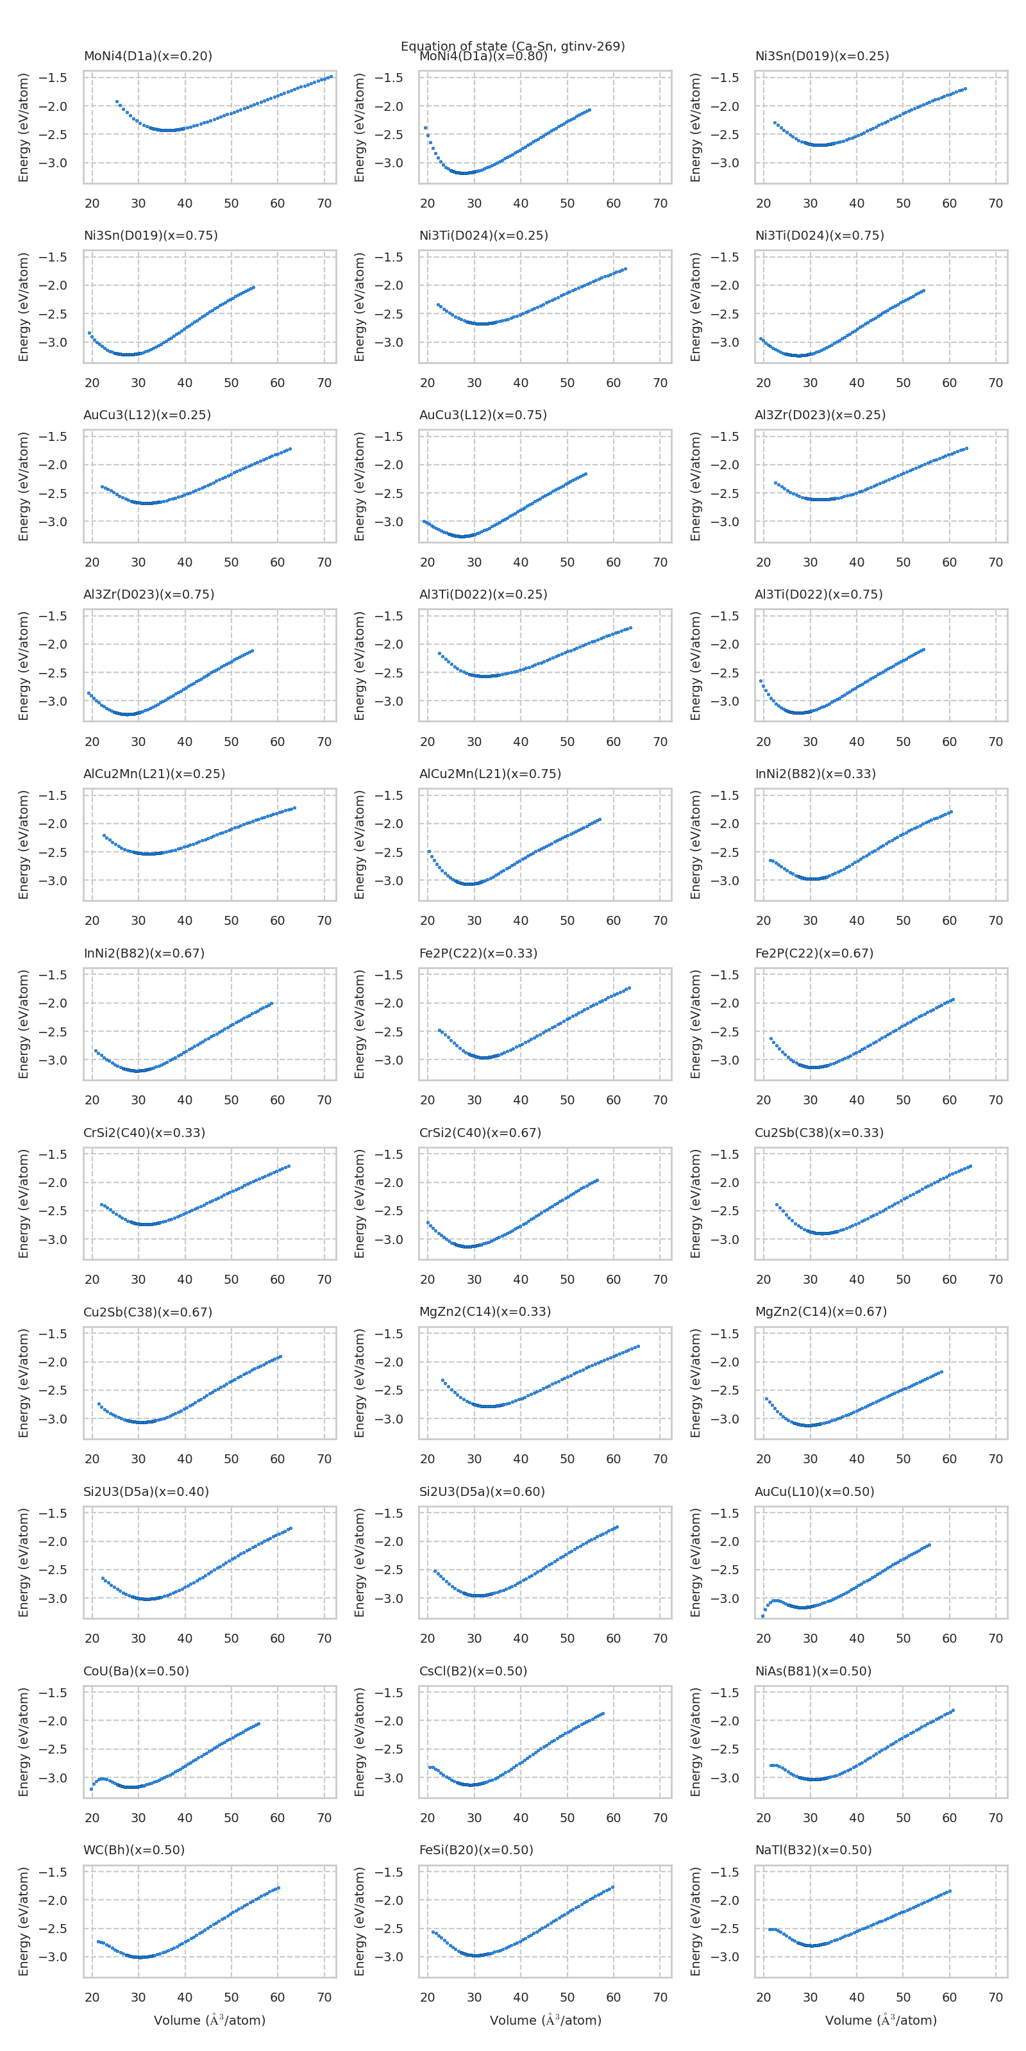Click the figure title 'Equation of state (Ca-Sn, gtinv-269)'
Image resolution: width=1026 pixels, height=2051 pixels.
coord(512,46)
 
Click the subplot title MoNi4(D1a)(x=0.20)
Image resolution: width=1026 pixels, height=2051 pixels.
coord(147,56)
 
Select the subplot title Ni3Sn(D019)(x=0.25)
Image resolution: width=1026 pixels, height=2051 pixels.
coord(821,56)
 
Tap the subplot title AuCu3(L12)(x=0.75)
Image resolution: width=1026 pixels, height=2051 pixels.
coord(483,415)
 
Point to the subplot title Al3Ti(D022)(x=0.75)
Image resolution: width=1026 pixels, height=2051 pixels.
coord(818,594)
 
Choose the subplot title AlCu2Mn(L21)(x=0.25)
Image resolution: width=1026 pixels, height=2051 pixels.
coord(154,774)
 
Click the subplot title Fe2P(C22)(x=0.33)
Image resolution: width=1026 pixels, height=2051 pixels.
coord(478,953)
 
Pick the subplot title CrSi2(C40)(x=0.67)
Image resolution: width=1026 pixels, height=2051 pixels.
coord(480,1132)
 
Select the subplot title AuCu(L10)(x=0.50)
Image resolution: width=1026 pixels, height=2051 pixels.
coord(814,1491)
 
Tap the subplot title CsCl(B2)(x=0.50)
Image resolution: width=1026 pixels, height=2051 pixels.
coord(473,1670)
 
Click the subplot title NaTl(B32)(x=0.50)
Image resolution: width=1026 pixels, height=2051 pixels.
coord(812,1850)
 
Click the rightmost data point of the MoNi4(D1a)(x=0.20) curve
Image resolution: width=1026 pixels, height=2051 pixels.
coord(332,76)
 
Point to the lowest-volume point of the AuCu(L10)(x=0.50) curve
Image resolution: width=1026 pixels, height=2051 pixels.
coord(762,1615)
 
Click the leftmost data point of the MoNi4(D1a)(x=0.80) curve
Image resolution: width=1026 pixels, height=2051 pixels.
coord(425,128)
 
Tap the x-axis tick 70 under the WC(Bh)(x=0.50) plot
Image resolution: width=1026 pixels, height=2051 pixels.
coord(324,1997)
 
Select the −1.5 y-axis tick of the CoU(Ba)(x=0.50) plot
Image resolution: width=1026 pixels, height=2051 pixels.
coord(53,1693)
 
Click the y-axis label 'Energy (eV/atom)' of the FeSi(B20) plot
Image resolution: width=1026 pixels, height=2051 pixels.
coord(359,1922)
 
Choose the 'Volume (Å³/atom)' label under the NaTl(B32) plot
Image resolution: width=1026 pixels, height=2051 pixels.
coord(880,2021)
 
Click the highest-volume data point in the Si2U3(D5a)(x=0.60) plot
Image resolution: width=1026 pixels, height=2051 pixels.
coord(616,1527)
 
